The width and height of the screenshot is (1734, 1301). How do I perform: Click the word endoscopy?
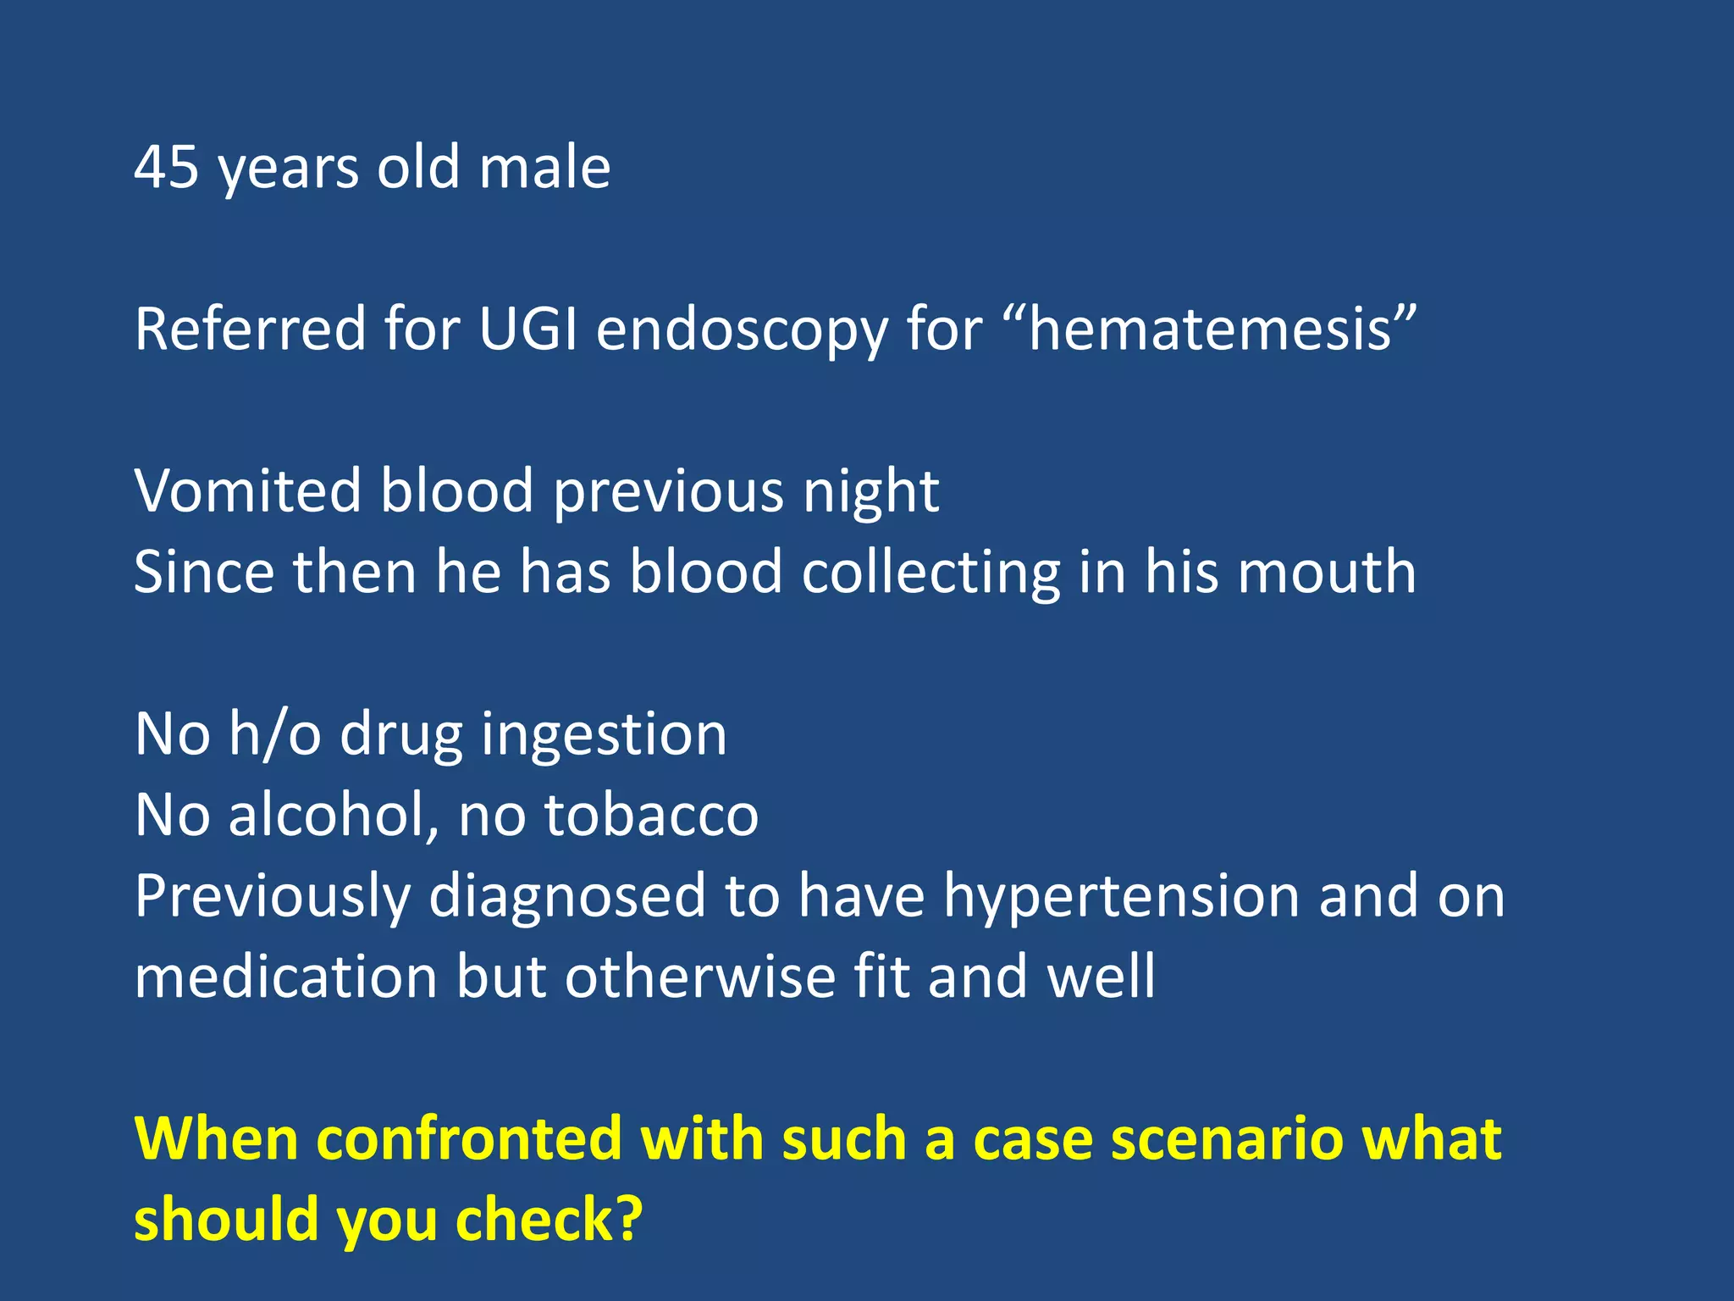pyautogui.click(x=742, y=330)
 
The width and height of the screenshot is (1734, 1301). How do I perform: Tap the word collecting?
pyautogui.click(x=931, y=573)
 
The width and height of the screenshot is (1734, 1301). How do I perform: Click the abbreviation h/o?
pyautogui.click(x=274, y=734)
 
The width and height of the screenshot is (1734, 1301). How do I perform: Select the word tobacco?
pyautogui.click(x=651, y=815)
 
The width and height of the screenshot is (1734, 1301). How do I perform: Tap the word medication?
pyautogui.click(x=286, y=977)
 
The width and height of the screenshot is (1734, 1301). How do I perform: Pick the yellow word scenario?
pyautogui.click(x=1227, y=1138)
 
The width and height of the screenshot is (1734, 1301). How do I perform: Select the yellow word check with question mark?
pyautogui.click(x=549, y=1220)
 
